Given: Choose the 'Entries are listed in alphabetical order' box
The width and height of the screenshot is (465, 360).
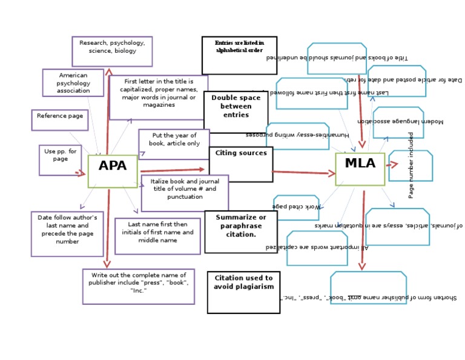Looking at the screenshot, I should [x=239, y=55].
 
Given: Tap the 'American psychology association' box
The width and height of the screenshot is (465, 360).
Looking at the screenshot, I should [x=73, y=82].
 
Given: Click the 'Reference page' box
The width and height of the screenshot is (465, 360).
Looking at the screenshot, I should [x=59, y=119].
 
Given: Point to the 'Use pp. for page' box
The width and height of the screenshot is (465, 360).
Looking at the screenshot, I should [x=60, y=160].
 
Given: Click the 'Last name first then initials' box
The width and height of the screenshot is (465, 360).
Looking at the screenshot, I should [x=157, y=236].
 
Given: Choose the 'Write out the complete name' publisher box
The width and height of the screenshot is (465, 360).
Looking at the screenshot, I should [x=139, y=286].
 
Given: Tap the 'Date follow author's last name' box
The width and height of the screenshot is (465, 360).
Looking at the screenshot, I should [x=67, y=233].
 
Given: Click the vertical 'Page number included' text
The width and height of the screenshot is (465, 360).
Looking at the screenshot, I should [x=411, y=165].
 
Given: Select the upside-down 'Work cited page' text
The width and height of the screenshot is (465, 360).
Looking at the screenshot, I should [x=296, y=207].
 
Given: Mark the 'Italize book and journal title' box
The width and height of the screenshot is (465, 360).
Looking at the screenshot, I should [x=185, y=193].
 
